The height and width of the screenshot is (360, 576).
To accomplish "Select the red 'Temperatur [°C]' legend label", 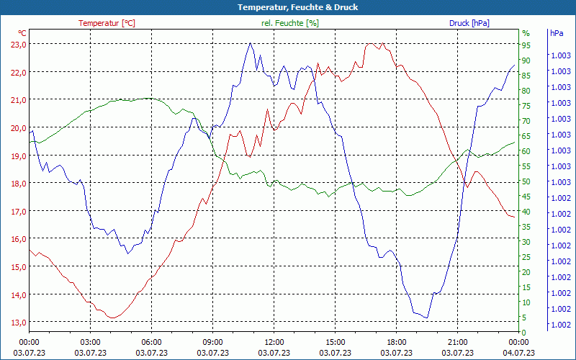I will tap(107, 23).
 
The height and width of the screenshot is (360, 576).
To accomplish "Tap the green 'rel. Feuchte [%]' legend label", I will tap(289, 23).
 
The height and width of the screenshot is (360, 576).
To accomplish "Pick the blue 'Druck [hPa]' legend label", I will tap(469, 23).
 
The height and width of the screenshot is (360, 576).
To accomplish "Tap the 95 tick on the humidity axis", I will tap(526, 45).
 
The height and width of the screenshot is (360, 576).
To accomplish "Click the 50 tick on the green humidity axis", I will tap(526, 181).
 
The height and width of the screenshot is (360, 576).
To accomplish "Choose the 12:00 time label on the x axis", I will tap(274, 342).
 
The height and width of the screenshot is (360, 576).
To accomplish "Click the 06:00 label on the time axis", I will tap(152, 342).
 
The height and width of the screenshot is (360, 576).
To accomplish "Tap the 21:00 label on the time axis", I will tap(458, 342).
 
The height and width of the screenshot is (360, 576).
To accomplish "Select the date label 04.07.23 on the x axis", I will tap(519, 353).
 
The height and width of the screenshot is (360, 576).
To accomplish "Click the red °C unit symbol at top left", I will tap(22, 33).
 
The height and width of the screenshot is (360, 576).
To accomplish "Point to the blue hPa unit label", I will tap(557, 33).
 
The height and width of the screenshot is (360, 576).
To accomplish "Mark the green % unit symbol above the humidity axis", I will tap(526, 33).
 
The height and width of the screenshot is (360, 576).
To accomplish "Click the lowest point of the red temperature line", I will tap(112, 318).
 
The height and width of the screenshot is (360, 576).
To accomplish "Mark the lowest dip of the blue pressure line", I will tap(426, 318).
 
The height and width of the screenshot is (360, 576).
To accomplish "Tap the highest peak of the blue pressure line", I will tap(250, 43).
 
